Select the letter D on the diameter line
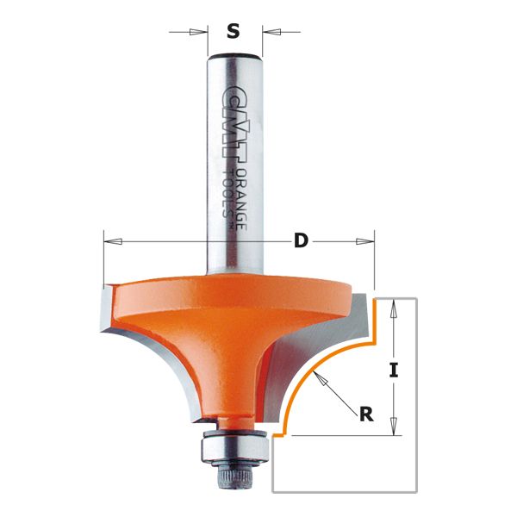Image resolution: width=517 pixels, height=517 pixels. pyautogui.click(x=301, y=241)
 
